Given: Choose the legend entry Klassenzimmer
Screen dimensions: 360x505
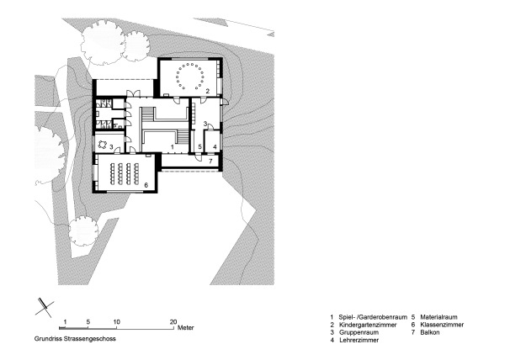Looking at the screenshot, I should [x=439, y=325].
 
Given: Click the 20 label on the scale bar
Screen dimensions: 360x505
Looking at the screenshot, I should [x=173, y=321].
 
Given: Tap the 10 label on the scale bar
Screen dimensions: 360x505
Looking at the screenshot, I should [x=116, y=321].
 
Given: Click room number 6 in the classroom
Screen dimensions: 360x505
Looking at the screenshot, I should [x=146, y=184].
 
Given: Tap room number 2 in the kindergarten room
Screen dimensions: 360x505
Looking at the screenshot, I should [x=207, y=90].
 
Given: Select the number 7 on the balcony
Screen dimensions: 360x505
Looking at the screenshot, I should [x=211, y=159].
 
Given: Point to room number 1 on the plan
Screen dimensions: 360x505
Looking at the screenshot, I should [x=172, y=146].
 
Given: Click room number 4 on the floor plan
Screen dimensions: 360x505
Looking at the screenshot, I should [x=214, y=146].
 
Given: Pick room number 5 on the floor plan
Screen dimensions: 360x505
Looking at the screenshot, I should [x=199, y=146].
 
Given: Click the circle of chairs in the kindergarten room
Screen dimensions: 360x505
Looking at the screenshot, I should [x=189, y=77].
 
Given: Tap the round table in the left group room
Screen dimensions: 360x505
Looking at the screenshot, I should [x=103, y=144].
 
